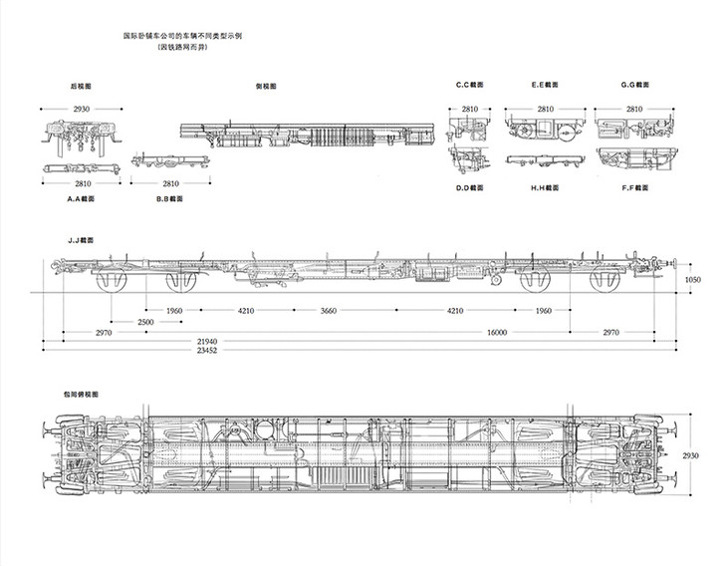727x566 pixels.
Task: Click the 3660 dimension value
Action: pos(329,311)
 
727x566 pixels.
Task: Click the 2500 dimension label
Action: pos(146,322)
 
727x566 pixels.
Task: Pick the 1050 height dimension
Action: pos(693,280)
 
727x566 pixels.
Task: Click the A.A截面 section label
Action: pos(81,198)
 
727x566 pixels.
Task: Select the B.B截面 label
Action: pos(170,198)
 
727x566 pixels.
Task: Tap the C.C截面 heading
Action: pos(469,86)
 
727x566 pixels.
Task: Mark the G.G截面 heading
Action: pos(634,86)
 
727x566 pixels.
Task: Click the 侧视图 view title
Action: pos(266,86)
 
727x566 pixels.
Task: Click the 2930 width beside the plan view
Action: pos(692,454)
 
